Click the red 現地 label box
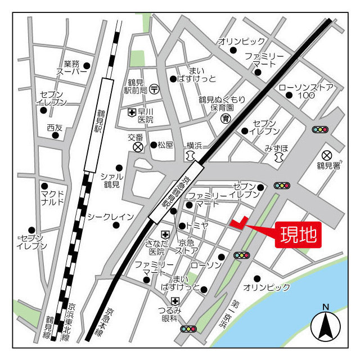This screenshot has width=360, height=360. [x=298, y=233]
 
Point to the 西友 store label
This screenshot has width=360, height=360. [x=55, y=128]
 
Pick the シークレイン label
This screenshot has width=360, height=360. [x=111, y=217]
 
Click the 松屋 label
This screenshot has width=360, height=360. [x=165, y=145]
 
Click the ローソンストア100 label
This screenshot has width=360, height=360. [x=306, y=91]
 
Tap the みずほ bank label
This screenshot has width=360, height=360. [x=277, y=148]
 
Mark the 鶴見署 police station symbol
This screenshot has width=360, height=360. [x=327, y=155]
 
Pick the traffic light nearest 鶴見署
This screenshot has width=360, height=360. [x=320, y=129]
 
